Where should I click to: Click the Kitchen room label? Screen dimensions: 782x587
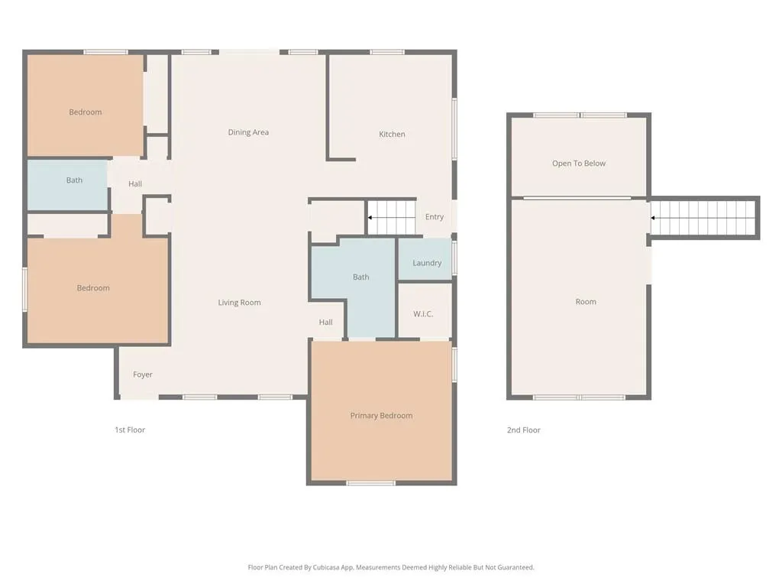coord(392,134)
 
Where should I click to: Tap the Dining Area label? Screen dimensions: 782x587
coord(248,132)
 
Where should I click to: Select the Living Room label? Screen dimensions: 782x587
coord(239,303)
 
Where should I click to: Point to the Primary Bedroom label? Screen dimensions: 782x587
coord(381,416)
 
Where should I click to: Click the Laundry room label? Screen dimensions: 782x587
coord(427,263)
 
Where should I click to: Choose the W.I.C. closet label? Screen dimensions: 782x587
coord(423,314)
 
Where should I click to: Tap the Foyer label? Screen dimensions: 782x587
coord(143,375)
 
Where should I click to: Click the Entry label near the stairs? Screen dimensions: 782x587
coord(435,216)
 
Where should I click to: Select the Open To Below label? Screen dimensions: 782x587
coord(579,164)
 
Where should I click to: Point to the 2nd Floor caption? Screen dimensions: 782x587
coord(524,430)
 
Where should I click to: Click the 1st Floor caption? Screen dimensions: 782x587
coord(130,430)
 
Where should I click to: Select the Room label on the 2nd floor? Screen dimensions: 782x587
coord(586,301)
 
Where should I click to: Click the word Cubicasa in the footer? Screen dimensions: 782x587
coord(326,568)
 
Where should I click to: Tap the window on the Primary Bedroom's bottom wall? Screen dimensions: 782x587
coord(370,483)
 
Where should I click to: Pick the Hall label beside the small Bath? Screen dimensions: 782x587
coord(135,183)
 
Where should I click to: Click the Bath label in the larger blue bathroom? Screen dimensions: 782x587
coord(360,277)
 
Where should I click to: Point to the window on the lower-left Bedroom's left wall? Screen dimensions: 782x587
coord(25,290)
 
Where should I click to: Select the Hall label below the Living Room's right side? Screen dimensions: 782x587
coord(325,323)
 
